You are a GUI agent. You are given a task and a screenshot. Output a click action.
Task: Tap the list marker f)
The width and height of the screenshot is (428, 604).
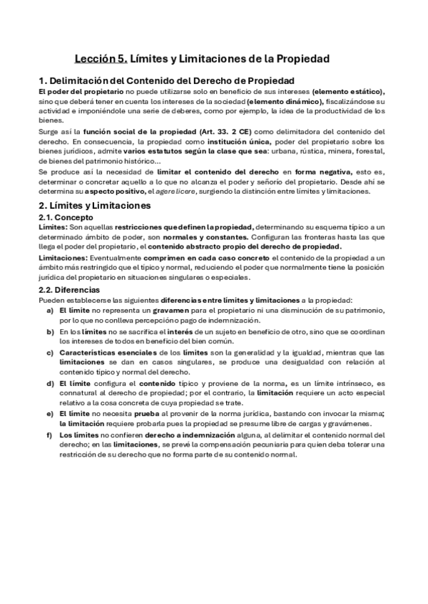[x=50, y=435]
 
